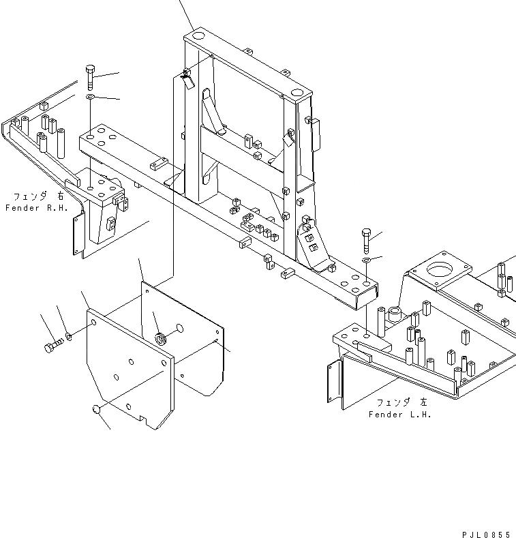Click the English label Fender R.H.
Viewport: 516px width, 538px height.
[x=37, y=207]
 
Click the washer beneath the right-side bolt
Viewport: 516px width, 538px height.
[x=366, y=260]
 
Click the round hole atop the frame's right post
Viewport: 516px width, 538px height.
[x=297, y=92]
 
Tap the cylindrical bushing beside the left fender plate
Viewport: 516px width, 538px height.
[x=393, y=316]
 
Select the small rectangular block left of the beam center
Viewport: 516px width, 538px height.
[x=160, y=164]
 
